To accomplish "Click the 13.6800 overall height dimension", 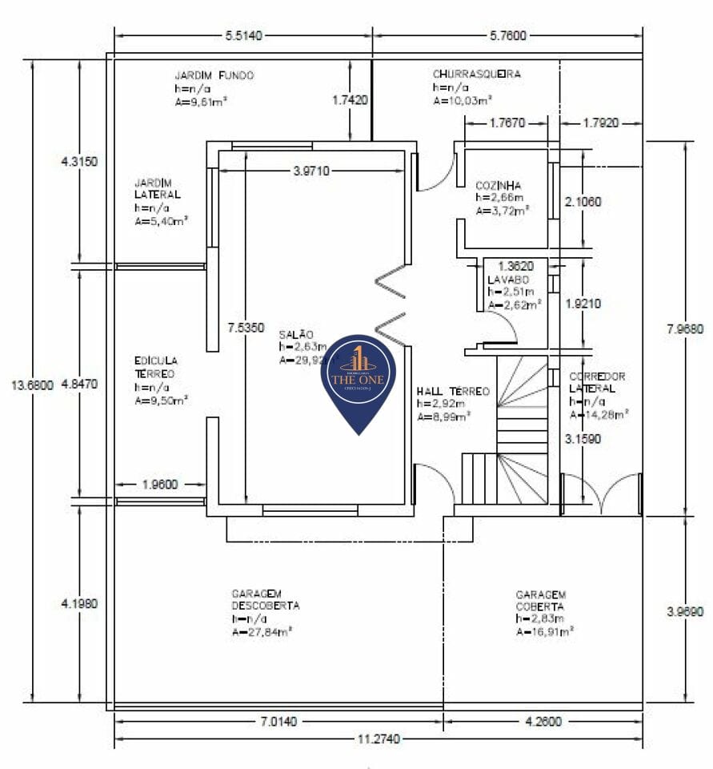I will tap(31, 385).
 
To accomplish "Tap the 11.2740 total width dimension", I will tap(379, 739).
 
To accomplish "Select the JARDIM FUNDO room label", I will tap(214, 75).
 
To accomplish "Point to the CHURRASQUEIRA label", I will tap(476, 74).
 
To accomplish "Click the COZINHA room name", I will tap(498, 185).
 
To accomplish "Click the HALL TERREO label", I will tap(452, 392).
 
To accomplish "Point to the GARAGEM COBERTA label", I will tap(541, 600).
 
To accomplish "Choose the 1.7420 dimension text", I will tap(350, 100).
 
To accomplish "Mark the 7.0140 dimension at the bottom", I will tap(278, 722).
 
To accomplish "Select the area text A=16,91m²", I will tap(546, 632).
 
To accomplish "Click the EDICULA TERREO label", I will tap(156, 367).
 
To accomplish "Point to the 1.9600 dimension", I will tap(159, 484).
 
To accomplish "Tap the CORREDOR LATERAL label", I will tap(597, 382).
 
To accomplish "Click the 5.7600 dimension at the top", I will tap(507, 35).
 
